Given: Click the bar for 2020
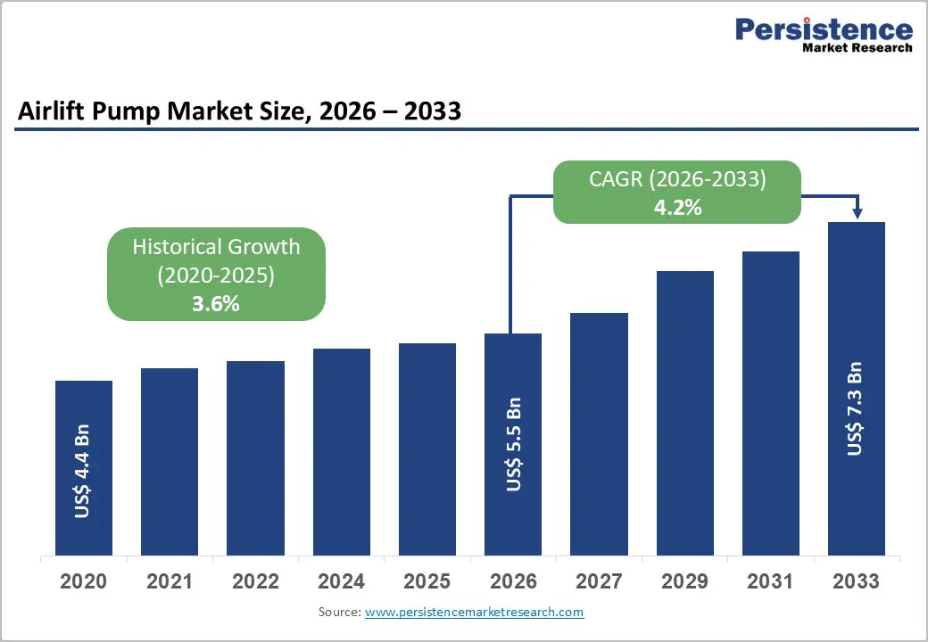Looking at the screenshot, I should click(x=84, y=467).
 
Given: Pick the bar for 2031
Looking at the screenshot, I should click(x=770, y=402).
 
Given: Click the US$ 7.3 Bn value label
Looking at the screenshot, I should click(x=855, y=408).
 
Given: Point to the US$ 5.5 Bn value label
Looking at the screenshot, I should click(x=513, y=444).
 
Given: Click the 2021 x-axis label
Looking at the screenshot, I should click(x=169, y=581).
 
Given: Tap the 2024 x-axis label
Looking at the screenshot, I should click(x=341, y=581).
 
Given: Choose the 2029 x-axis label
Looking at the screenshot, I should click(x=684, y=581).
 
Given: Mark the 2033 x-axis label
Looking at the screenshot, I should click(x=856, y=581).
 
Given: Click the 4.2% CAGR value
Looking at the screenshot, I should click(x=677, y=207).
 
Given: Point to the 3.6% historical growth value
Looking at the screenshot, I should click(x=216, y=303).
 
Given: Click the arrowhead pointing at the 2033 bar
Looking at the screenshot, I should click(x=858, y=212).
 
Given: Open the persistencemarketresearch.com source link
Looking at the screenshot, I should click(x=474, y=612).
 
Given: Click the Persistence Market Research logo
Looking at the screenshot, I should click(x=823, y=36).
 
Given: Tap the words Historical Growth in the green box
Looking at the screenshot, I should click(x=216, y=247).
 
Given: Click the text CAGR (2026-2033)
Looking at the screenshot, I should click(x=677, y=179).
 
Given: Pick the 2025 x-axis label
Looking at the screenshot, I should click(x=427, y=581).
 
